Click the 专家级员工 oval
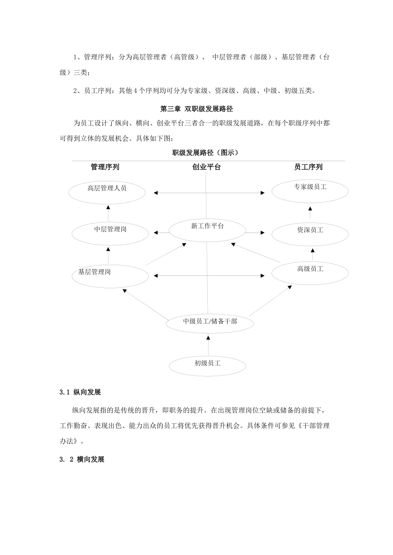(310, 190)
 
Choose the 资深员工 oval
(310, 234)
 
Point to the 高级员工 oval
(310, 273)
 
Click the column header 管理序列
(105, 167)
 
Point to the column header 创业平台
(206, 167)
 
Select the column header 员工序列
(308, 167)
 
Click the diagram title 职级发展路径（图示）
(206, 153)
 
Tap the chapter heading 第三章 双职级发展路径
(196, 109)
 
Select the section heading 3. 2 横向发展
(82, 459)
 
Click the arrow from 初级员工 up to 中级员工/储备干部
(208, 345)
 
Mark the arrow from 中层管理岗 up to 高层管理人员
(108, 213)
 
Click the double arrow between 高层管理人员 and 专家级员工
(209, 192)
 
